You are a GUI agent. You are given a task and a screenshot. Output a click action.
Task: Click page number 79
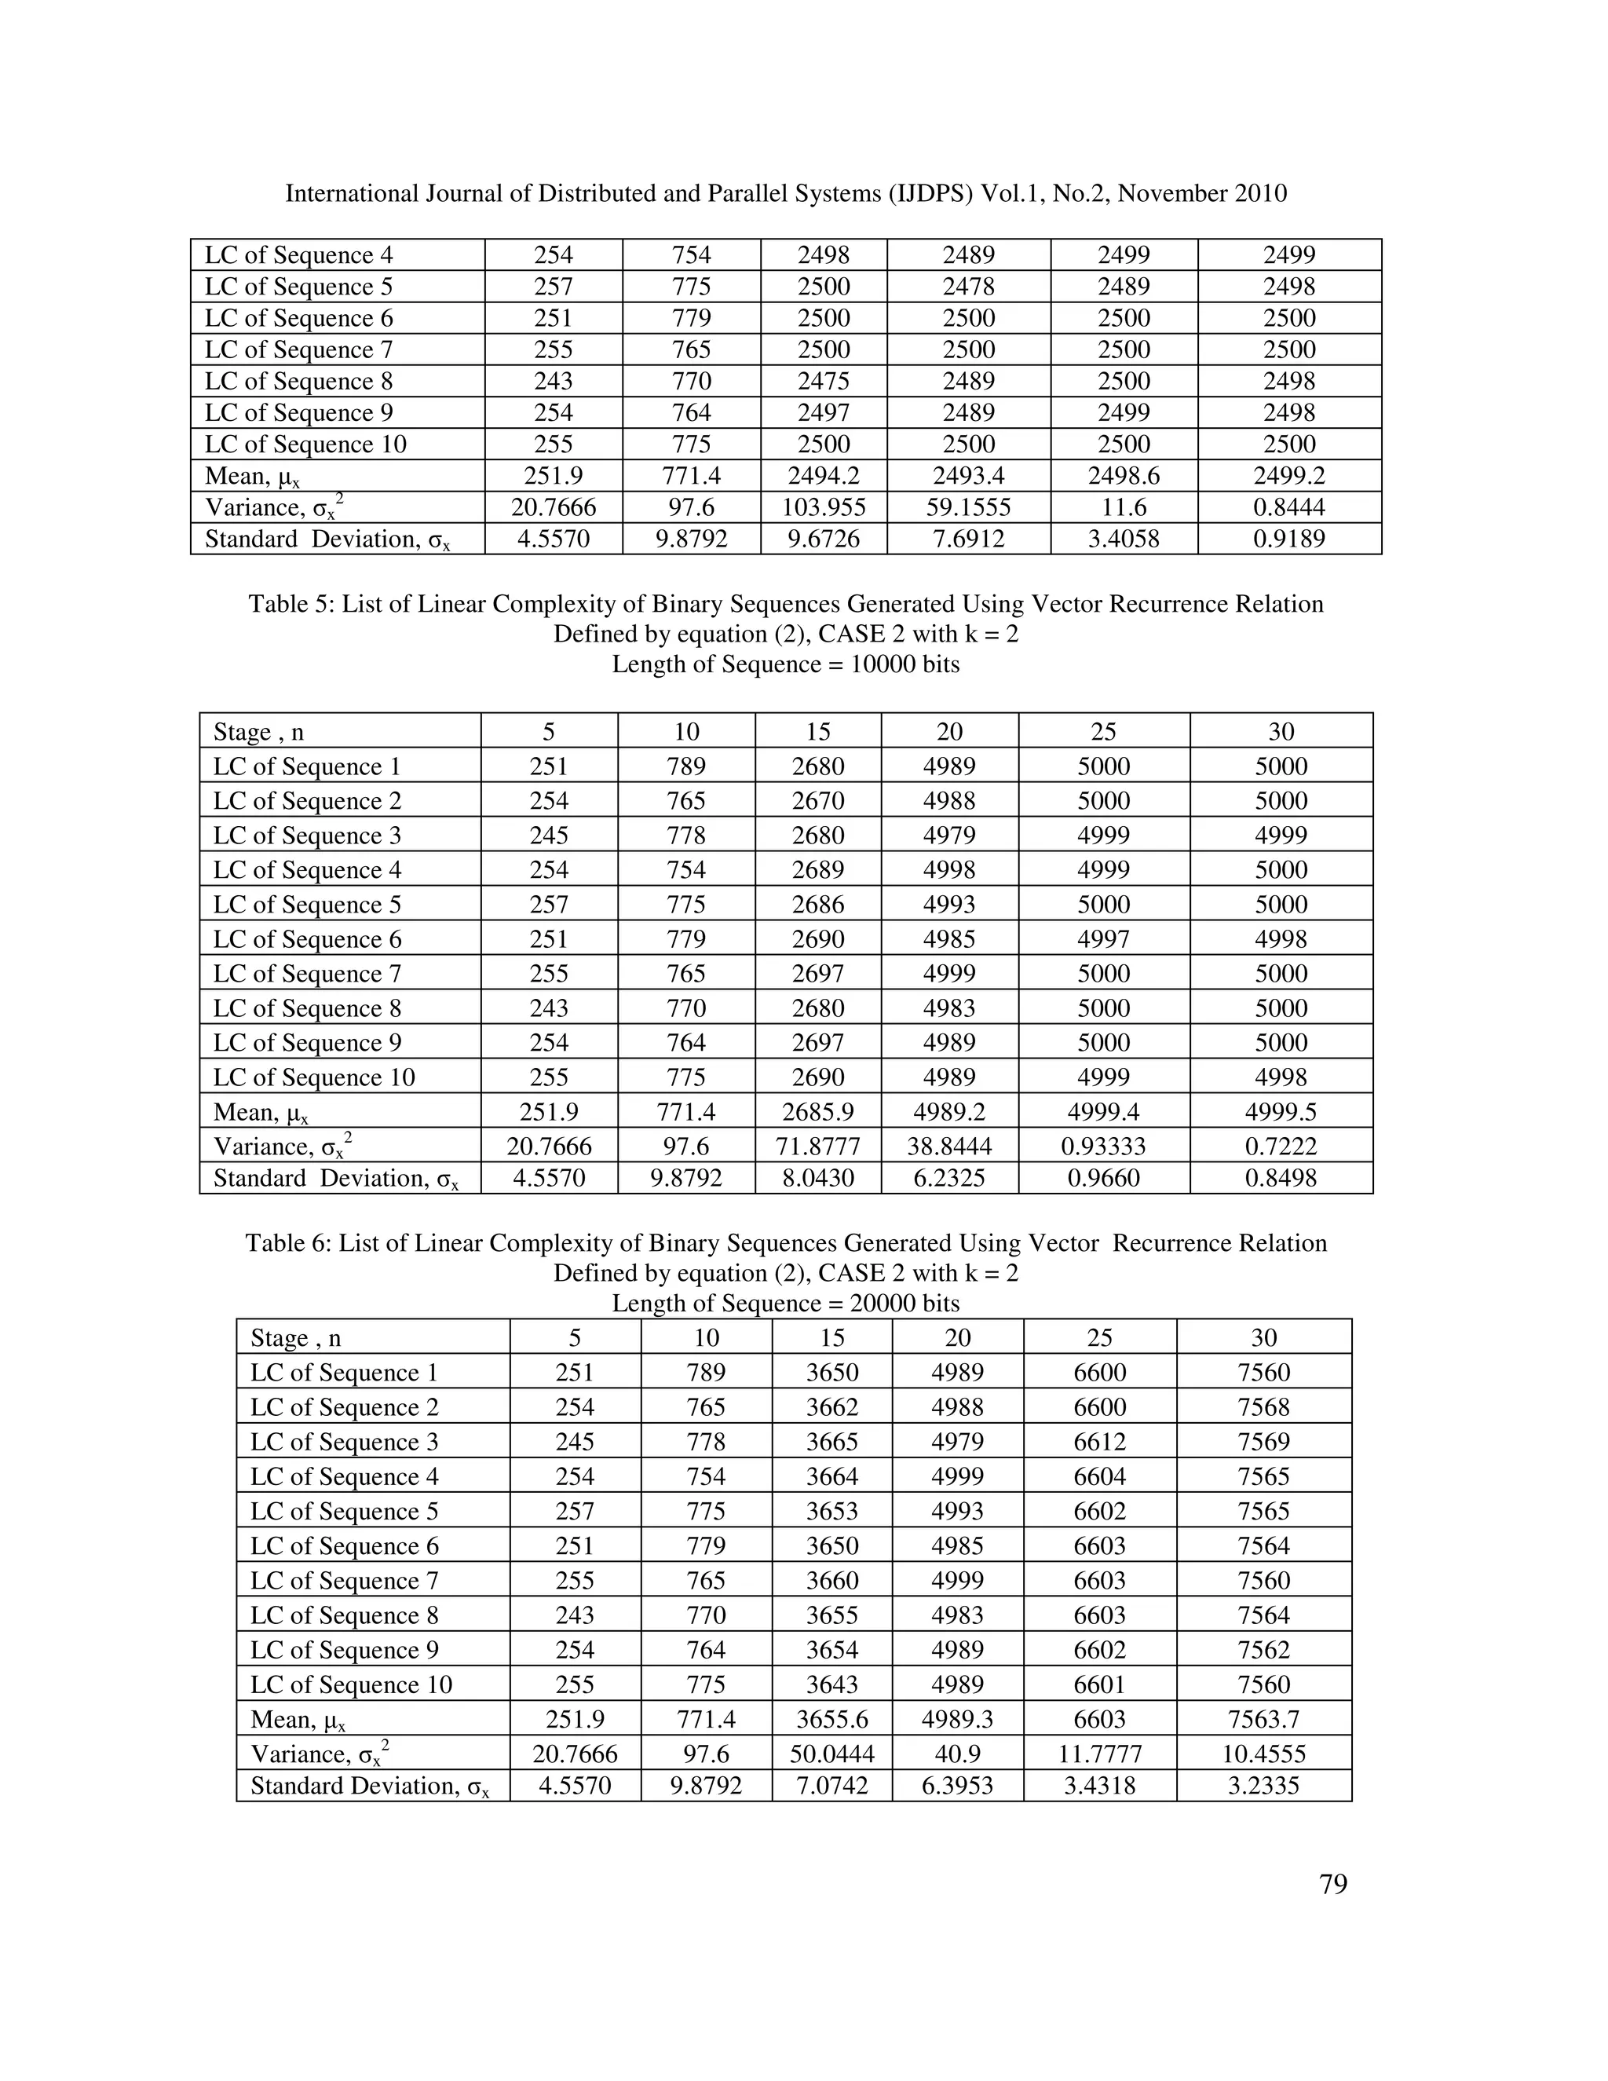pos(1332,1884)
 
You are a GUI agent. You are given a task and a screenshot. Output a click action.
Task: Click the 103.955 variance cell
pos(823,507)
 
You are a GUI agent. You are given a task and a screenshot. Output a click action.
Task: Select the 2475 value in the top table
pos(823,381)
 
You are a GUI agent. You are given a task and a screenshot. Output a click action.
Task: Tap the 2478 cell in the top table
pos(968,287)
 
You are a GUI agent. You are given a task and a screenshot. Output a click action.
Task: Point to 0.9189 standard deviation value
pos(1289,539)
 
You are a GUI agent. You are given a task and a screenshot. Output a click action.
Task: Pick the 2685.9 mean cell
pos(817,1111)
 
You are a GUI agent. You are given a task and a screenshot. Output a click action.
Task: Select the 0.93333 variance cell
pos(1103,1147)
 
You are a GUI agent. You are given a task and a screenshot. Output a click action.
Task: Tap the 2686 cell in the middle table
pos(817,904)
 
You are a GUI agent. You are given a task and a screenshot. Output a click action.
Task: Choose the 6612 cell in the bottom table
pos(1099,1442)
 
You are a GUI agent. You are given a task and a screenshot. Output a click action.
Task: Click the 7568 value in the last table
pos(1263,1407)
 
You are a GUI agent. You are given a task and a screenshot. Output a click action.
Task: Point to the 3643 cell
pos(831,1684)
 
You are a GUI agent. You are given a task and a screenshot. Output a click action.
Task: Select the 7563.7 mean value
pos(1263,1719)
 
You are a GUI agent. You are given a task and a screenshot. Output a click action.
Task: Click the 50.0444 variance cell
pos(831,1754)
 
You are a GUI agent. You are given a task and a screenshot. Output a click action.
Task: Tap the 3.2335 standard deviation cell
pos(1263,1786)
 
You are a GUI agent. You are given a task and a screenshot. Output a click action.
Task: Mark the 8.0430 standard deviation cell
pos(817,1179)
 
